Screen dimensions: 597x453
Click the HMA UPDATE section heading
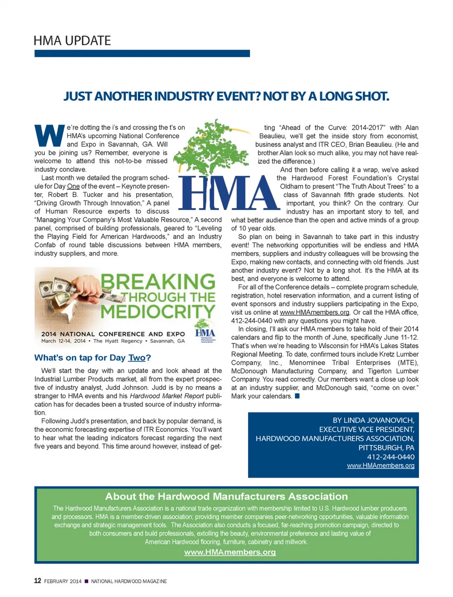point(72,41)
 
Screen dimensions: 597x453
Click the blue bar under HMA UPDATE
point(142,54)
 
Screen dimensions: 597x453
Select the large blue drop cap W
point(50,135)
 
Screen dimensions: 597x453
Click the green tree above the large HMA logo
point(212,147)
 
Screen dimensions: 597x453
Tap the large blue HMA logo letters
point(228,193)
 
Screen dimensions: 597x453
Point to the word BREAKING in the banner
point(158,282)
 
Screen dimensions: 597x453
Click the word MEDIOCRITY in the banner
point(158,312)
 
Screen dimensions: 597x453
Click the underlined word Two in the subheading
point(136,358)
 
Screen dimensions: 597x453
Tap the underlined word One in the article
point(73,186)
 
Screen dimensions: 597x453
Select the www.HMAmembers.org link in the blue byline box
point(380,466)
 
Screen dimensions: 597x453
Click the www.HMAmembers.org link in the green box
point(230,552)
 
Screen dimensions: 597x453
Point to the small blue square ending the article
point(297,396)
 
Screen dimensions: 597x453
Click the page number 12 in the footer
point(38,581)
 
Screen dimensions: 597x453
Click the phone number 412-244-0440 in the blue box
point(391,457)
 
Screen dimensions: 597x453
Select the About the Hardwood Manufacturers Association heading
point(226,496)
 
